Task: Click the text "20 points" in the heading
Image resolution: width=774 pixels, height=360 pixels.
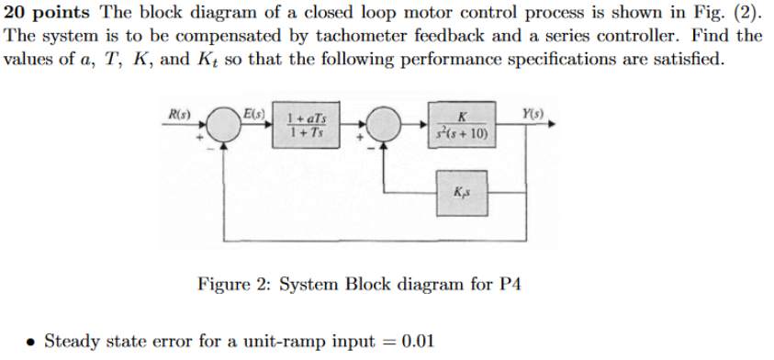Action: click(47, 12)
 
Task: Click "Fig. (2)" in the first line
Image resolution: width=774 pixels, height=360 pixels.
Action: click(725, 12)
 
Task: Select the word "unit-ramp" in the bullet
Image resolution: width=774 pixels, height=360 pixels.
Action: click(278, 342)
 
